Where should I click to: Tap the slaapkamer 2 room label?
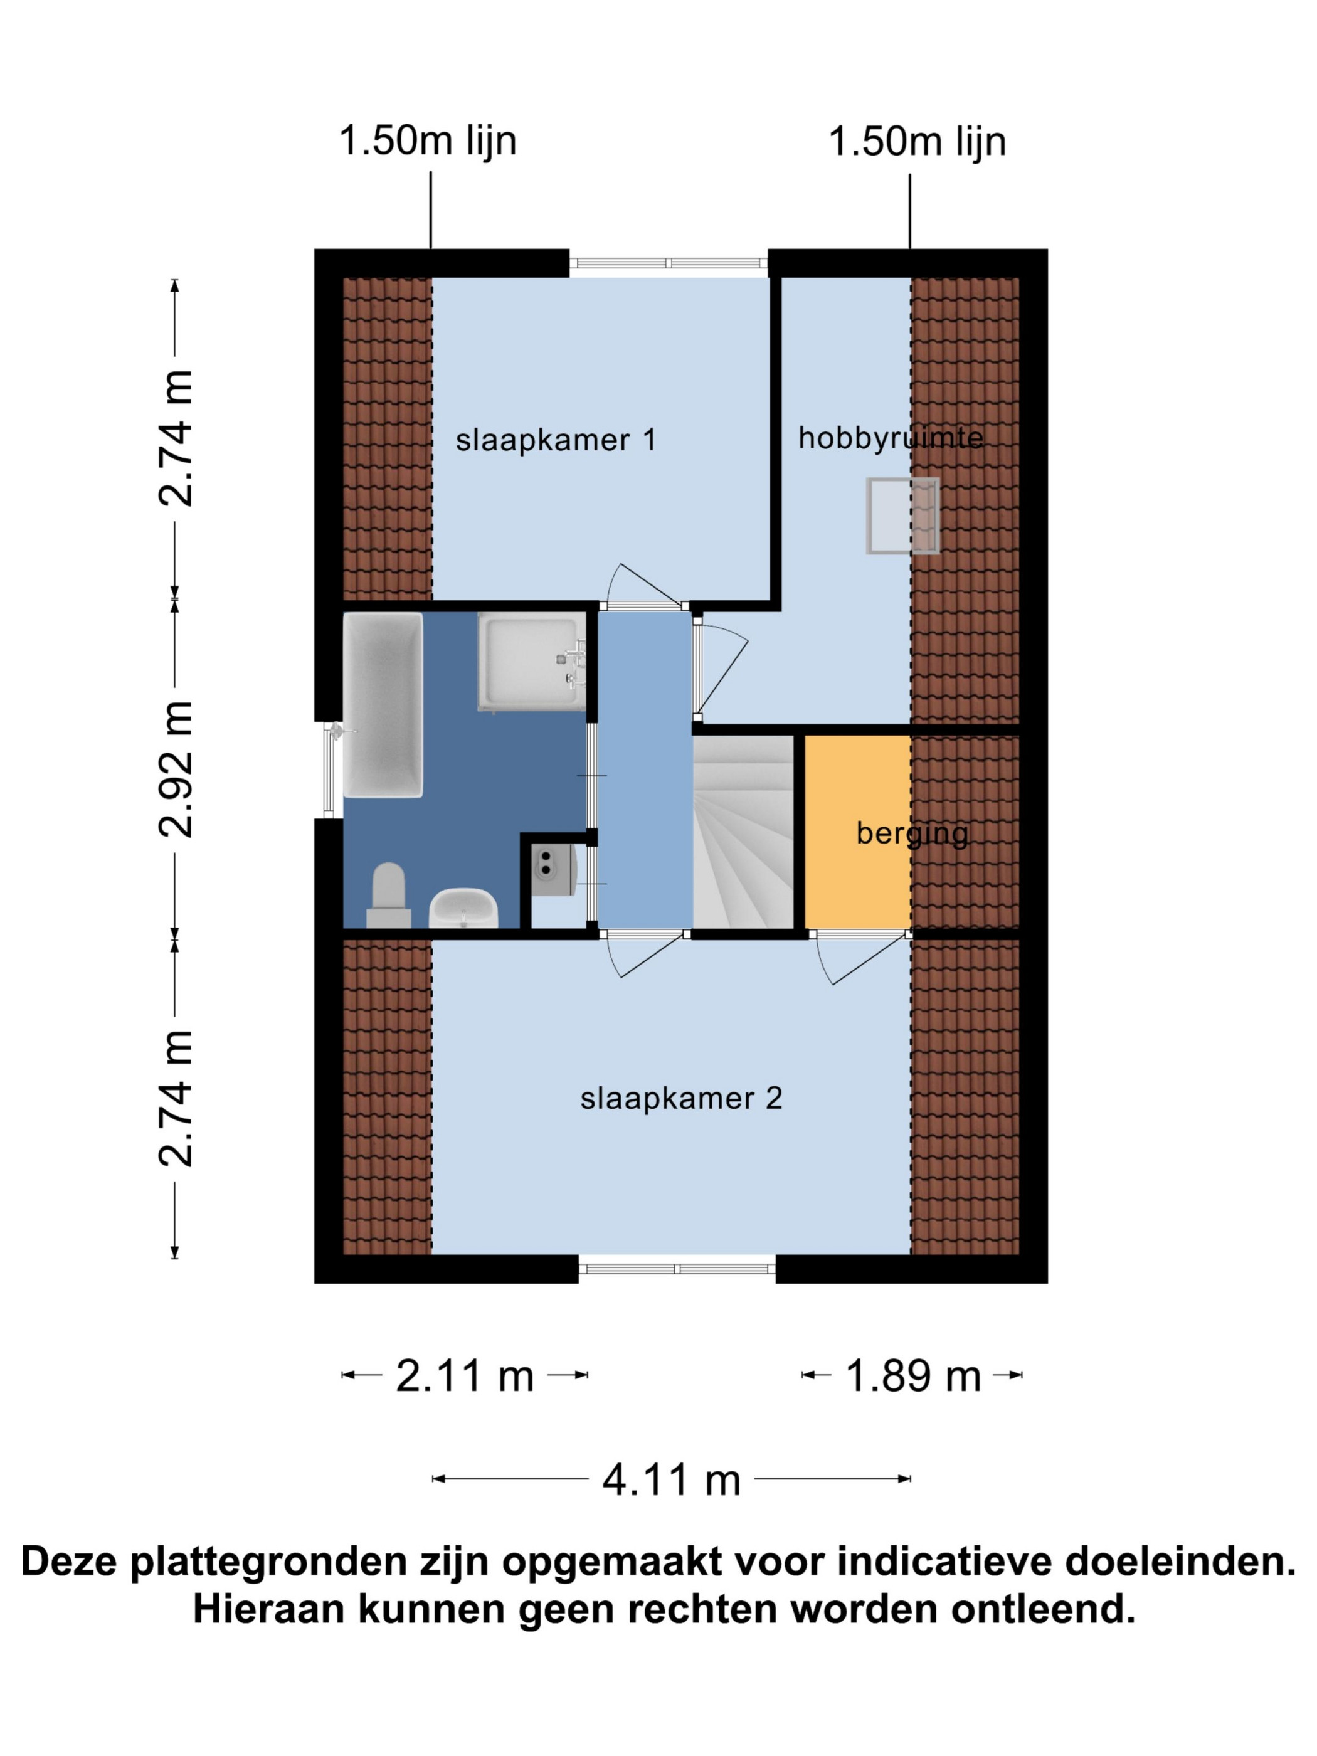click(x=681, y=1099)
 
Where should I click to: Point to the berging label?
click(x=912, y=834)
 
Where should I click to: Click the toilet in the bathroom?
click(x=388, y=896)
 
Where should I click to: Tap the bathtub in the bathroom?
click(x=383, y=705)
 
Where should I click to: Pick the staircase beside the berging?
click(x=744, y=832)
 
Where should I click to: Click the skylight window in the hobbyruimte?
click(x=902, y=516)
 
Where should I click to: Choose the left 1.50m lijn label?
click(x=428, y=141)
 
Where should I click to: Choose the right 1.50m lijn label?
click(x=917, y=141)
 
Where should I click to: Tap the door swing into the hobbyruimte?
click(x=721, y=668)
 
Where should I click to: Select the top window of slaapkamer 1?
click(x=669, y=265)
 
